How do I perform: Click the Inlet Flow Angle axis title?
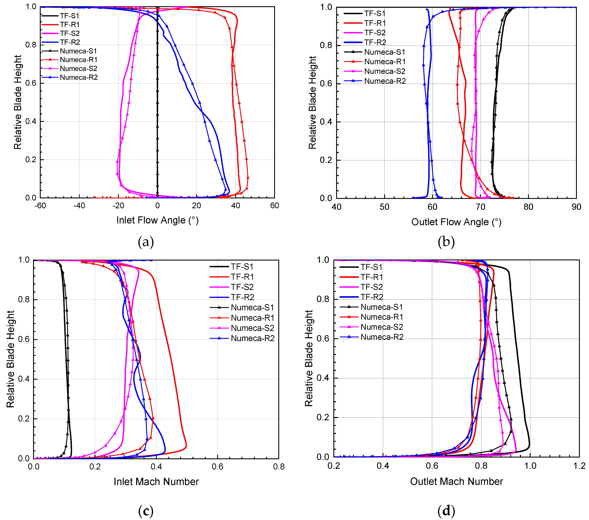[x=157, y=220]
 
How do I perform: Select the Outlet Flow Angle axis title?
[x=456, y=222]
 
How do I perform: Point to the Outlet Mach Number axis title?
[x=457, y=481]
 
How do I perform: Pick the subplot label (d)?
[x=446, y=511]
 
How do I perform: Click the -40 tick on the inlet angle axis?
[x=79, y=206]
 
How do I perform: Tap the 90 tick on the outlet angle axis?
[x=576, y=207]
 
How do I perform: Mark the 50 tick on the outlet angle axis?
[x=384, y=207]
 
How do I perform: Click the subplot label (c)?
[x=146, y=511]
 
